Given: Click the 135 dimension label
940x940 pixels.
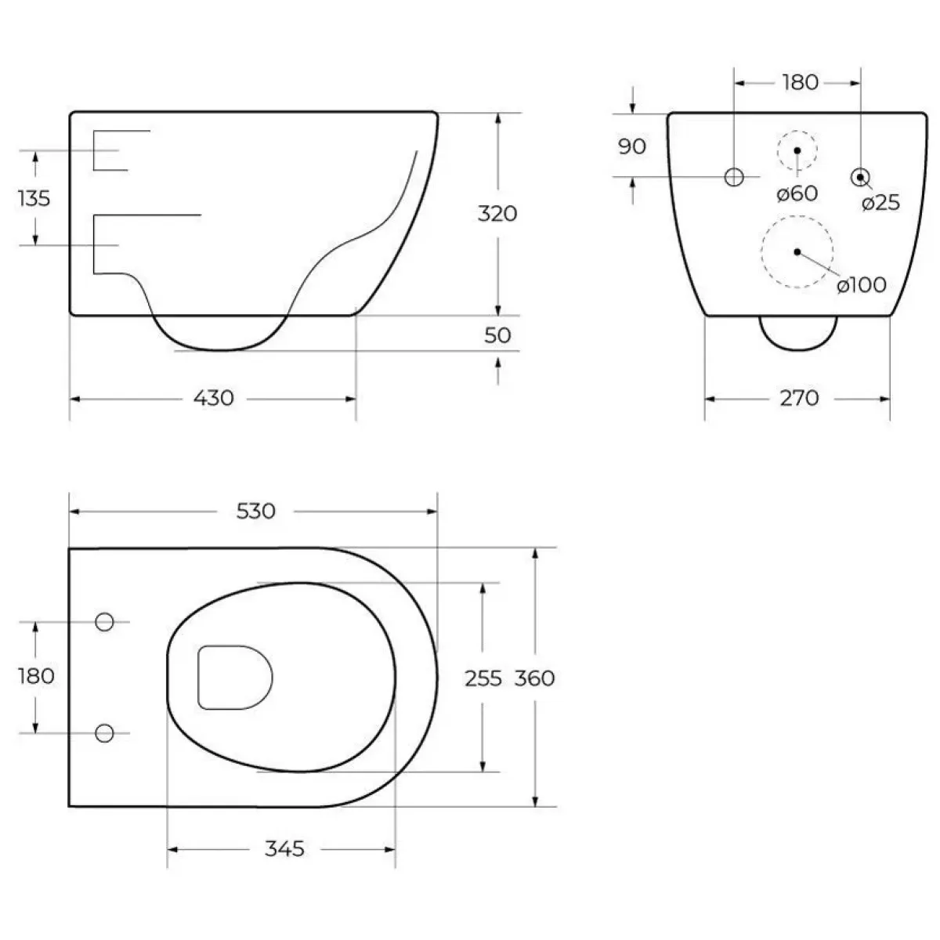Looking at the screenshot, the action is tap(34, 198).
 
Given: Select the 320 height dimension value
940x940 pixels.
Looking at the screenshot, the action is tap(497, 214).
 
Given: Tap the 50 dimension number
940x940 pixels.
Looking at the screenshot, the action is tap(497, 335).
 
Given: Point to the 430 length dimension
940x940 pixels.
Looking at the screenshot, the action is tap(214, 398).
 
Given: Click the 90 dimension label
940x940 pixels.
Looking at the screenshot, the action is tap(632, 146).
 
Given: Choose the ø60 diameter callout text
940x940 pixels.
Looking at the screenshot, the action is tap(797, 193).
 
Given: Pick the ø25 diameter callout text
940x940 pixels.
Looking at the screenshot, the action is tap(881, 202).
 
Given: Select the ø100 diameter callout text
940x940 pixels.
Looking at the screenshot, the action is tap(862, 285).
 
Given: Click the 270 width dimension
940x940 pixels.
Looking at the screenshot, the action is tap(799, 398).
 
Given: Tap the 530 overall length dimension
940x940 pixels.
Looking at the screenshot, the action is tap(255, 511).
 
